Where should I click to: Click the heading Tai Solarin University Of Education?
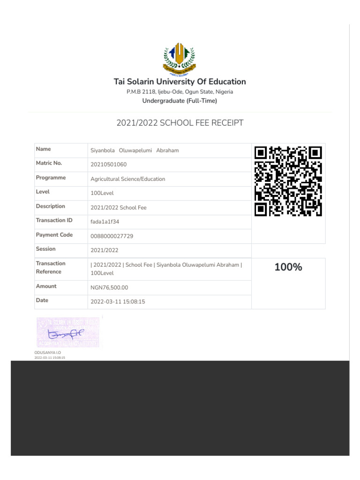180,82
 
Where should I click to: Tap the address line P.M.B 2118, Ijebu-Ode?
180,92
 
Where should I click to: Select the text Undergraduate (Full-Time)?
180,101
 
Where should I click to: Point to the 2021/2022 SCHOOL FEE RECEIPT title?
180,123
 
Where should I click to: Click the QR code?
288,181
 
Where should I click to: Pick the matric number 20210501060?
108,165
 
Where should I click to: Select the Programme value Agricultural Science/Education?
127,179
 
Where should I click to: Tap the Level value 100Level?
102,193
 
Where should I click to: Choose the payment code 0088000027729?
112,236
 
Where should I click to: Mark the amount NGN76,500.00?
109,288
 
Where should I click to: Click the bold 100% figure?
288,268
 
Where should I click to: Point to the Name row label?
44,149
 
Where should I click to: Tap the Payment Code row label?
54,235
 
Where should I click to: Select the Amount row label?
46,286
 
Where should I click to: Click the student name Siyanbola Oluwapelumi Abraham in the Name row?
135,150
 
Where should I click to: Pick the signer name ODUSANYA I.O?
48,352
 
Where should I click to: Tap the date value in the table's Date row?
118,302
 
